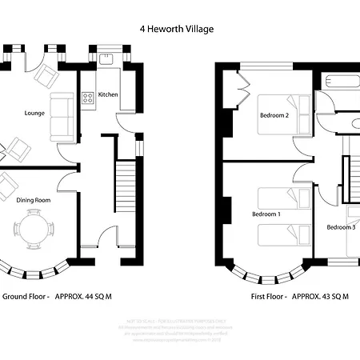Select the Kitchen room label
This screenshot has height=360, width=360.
pyautogui.click(x=109, y=94)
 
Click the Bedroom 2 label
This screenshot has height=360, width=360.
pyautogui.click(x=274, y=115)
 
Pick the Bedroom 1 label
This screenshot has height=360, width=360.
pyautogui.click(x=266, y=214)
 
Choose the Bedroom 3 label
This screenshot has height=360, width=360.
pyautogui.click(x=341, y=227)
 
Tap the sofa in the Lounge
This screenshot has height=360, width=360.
pyautogui.click(x=61, y=114)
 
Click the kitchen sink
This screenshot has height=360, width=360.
pyautogui.click(x=106, y=58)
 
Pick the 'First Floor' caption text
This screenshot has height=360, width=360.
pyautogui.click(x=268, y=296)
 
